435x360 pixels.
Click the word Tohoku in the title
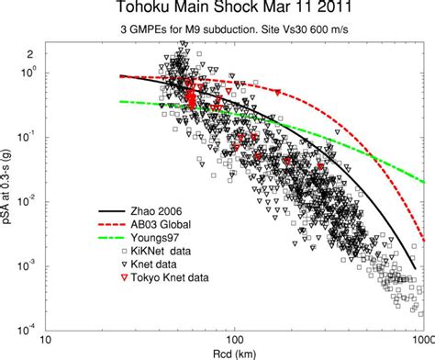[x=145, y=9]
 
